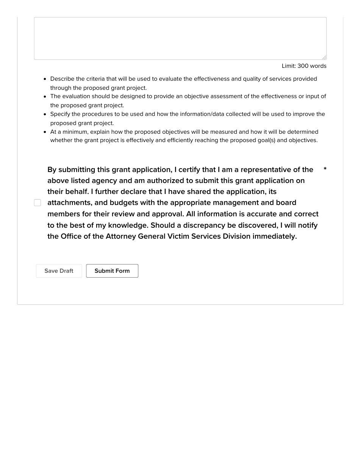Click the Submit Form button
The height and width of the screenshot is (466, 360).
click(112, 271)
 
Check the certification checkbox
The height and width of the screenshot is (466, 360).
click(38, 203)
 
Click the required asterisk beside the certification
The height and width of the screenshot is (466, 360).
click(325, 169)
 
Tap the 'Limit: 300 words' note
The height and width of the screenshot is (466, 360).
click(304, 66)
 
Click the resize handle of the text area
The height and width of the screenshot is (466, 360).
click(324, 57)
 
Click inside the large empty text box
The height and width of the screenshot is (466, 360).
click(180, 38)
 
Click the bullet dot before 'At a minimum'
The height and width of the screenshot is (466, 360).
click(45, 132)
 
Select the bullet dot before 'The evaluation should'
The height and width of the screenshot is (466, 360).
click(45, 97)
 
